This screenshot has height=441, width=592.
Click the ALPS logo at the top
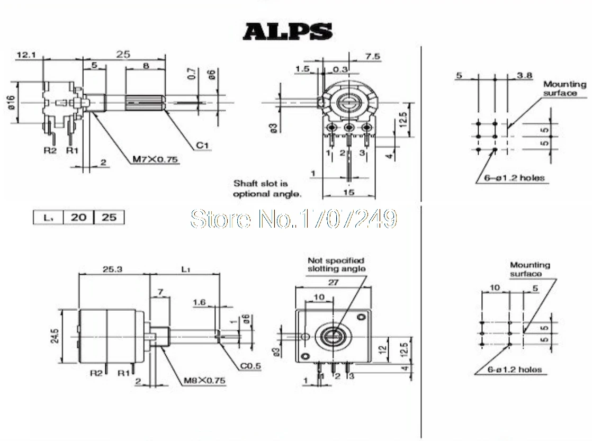[288, 32]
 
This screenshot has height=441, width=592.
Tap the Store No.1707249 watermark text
[293, 218]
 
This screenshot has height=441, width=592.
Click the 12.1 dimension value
[25, 55]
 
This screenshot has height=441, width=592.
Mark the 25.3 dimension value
[113, 269]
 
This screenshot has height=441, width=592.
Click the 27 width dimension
[333, 282]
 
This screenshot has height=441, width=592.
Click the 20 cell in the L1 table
[78, 217]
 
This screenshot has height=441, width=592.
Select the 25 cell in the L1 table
[109, 217]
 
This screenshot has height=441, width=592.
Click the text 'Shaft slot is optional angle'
[267, 188]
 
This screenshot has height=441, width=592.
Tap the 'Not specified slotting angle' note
[336, 264]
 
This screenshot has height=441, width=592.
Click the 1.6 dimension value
[199, 302]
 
